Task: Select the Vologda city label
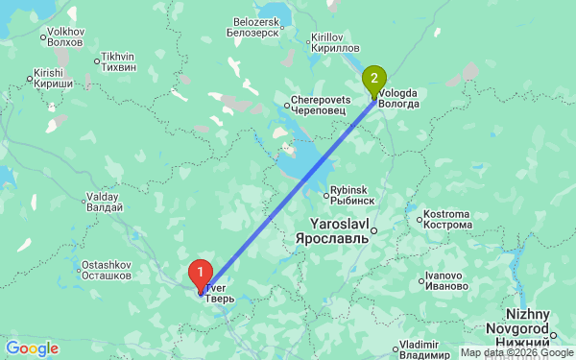click(398, 99)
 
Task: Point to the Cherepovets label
click(319, 106)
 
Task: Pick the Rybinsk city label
click(351, 195)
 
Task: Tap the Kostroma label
click(447, 219)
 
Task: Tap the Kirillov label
click(334, 41)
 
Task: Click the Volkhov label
click(66, 37)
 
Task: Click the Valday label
click(104, 202)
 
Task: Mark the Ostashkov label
click(106, 270)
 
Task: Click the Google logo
click(32, 348)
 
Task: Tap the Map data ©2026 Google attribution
click(516, 352)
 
